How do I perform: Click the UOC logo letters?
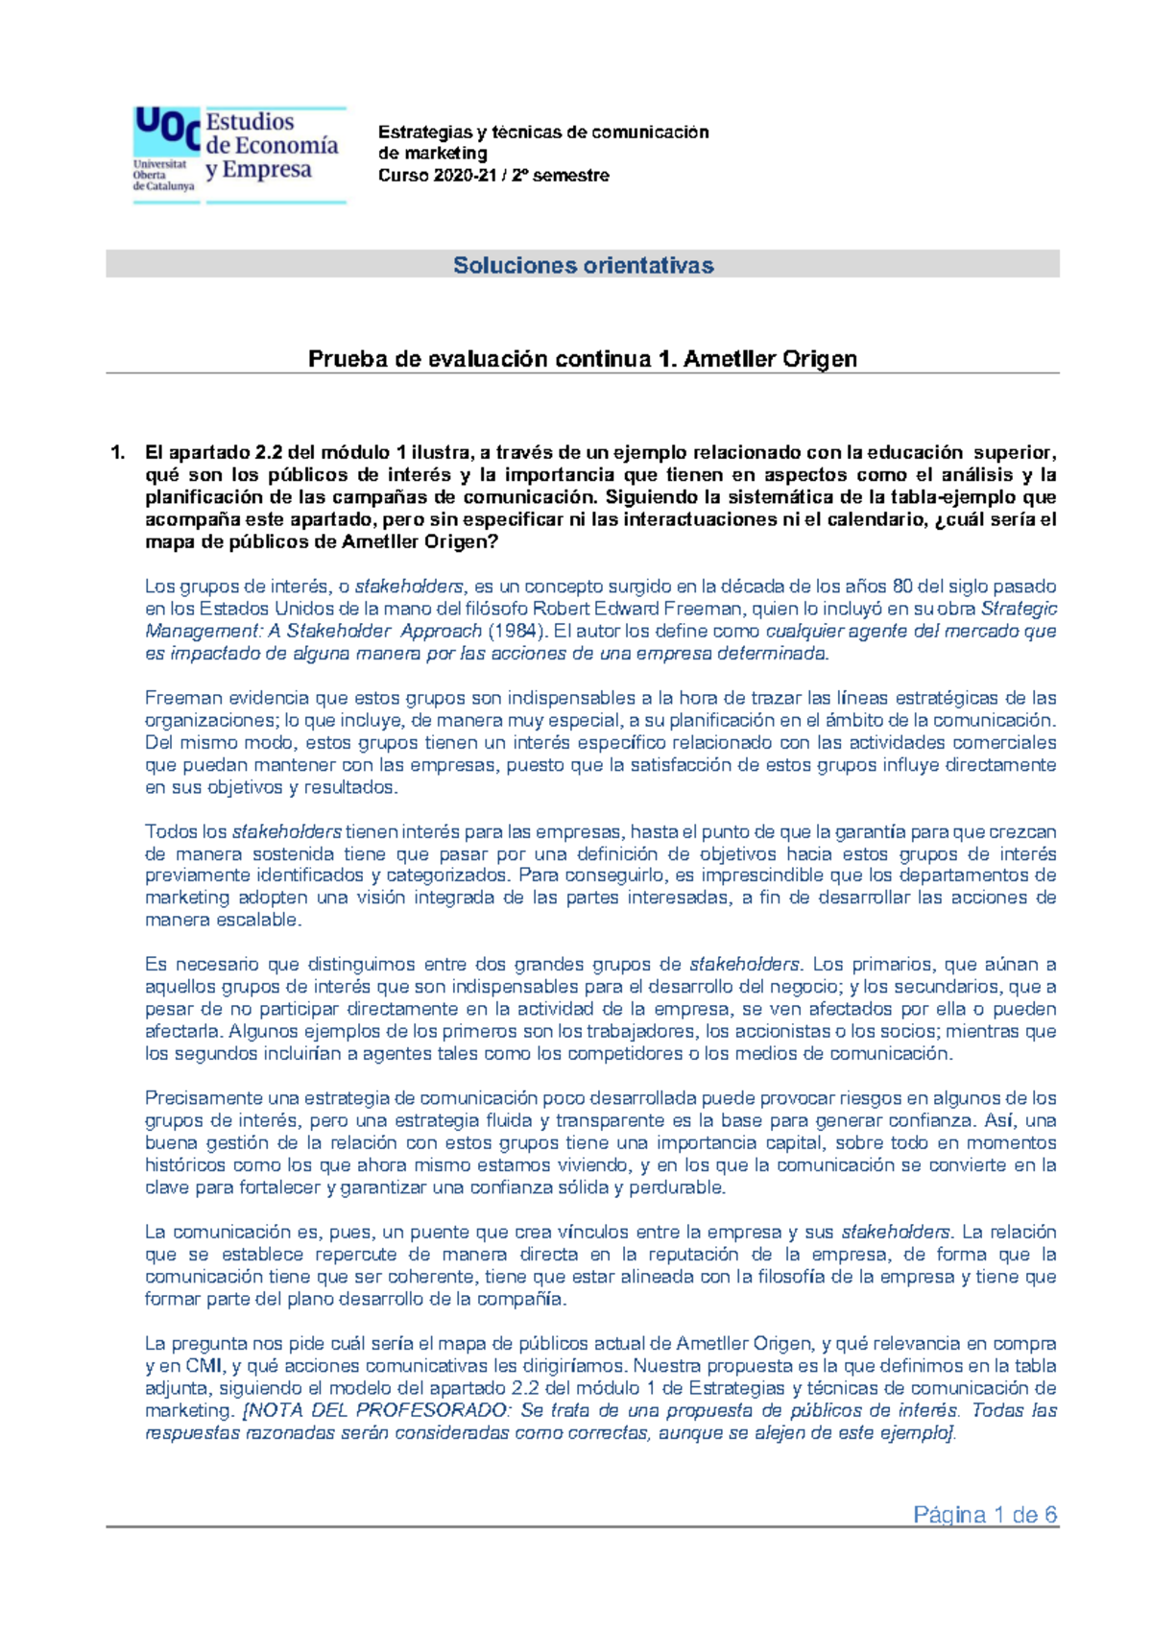(x=166, y=129)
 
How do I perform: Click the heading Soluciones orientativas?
(x=583, y=265)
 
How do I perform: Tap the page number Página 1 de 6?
(x=985, y=1515)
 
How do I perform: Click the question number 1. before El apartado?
(x=118, y=452)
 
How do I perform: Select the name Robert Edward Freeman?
(x=637, y=609)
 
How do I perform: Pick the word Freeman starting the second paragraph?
(x=179, y=698)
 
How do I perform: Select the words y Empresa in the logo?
(x=259, y=170)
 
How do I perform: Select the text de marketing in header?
(x=432, y=154)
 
